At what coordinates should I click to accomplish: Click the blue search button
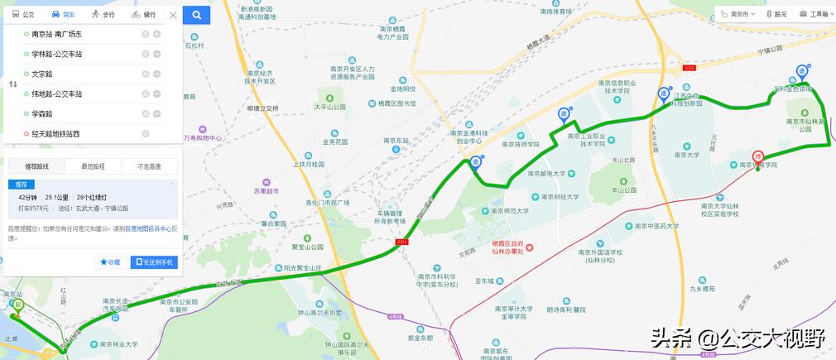coord(196,15)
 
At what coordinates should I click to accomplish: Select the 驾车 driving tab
coord(62,15)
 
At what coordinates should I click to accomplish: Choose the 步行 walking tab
coord(103,15)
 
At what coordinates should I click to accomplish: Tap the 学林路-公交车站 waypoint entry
coord(56,54)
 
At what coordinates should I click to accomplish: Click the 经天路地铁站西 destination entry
coord(55,134)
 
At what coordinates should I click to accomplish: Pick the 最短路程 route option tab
coord(94,166)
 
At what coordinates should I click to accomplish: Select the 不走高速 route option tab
coord(149,166)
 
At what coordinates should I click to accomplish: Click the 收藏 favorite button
coord(111,262)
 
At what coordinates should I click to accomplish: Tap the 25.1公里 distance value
coord(56,198)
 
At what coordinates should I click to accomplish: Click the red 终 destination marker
coord(757,156)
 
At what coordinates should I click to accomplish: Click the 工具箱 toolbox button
coord(814,14)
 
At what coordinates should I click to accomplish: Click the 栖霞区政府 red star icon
coord(531,248)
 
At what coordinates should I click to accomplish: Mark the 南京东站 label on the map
coord(397,141)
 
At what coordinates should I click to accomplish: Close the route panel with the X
coord(172,15)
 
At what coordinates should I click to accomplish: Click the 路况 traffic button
coord(776,14)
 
